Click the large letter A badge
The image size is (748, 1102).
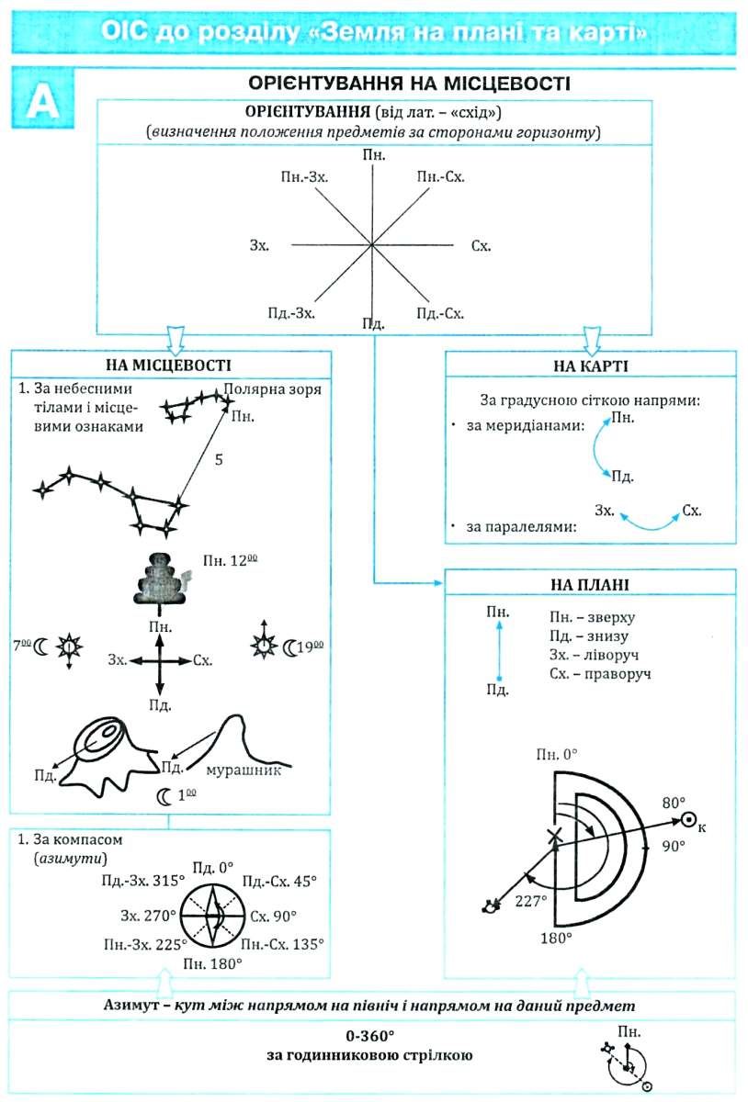tap(43, 99)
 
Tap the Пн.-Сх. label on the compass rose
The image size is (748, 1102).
tap(441, 176)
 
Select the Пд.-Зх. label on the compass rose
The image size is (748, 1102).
tap(291, 313)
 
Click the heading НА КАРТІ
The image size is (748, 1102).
tap(591, 366)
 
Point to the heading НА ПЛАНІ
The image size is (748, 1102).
tap(590, 584)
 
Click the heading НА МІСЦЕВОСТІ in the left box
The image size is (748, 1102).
tap(168, 365)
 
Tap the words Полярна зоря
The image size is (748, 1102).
tap(272, 389)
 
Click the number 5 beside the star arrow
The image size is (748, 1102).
tap(219, 459)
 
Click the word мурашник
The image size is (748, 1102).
tap(244, 770)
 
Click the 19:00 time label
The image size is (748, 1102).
tap(312, 647)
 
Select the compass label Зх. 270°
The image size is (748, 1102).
tap(148, 916)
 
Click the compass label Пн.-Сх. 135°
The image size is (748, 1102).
tap(282, 944)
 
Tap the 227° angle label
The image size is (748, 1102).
tap(531, 901)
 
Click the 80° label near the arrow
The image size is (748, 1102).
tap(674, 803)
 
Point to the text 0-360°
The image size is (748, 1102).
tap(369, 1036)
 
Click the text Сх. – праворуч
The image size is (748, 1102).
tap(600, 673)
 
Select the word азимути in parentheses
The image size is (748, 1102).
tap(71, 859)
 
